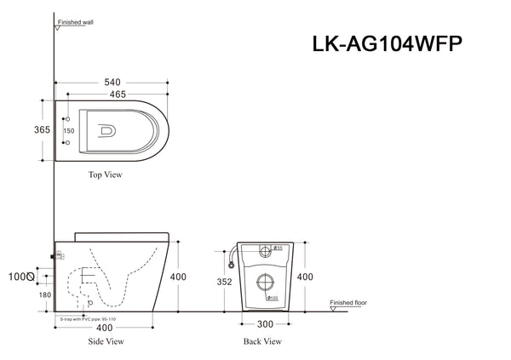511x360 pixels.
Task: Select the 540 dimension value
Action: point(111,83)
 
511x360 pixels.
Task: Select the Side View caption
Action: point(107,340)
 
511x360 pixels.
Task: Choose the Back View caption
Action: point(262,340)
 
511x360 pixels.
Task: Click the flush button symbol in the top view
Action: point(107,131)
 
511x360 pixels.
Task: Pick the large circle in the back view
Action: point(264,283)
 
